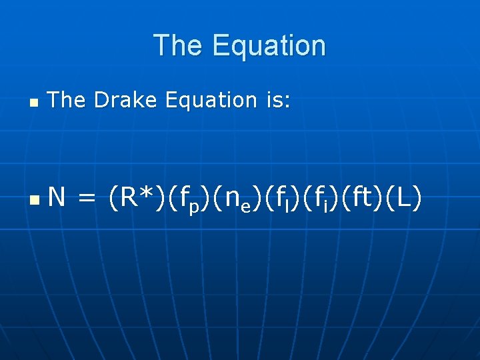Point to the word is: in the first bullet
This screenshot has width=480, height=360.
274,100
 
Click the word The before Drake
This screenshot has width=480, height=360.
67,100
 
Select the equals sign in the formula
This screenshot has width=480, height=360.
87,198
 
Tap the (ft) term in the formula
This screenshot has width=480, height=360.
358,197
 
